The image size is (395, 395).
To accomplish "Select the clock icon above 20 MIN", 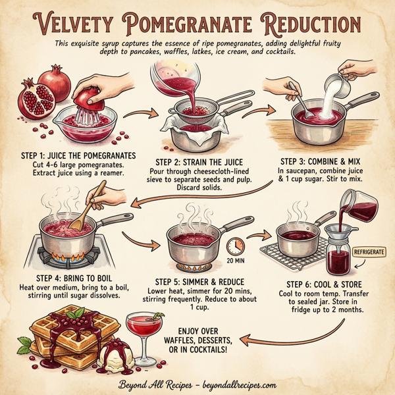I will tap(235, 246).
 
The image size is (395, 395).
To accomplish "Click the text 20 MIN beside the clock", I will tap(236, 261).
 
